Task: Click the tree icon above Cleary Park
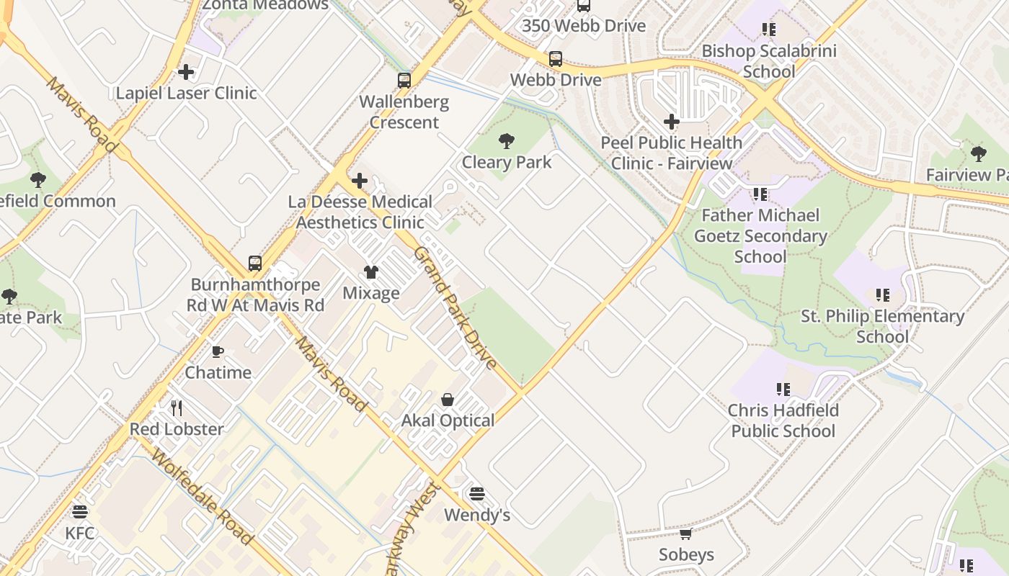507,140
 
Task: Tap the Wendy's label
476,515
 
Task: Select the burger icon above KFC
80,512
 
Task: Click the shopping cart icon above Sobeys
686,534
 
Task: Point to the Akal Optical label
448,420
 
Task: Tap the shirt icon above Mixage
371,271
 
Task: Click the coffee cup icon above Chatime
218,351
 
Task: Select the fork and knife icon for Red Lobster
177,408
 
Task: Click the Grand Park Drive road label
455,307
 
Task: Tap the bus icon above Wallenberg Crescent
404,81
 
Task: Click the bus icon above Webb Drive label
555,59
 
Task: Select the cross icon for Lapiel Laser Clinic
186,72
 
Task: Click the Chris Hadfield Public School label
783,420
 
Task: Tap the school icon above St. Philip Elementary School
882,295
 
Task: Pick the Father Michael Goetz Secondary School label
760,235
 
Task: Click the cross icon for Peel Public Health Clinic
672,122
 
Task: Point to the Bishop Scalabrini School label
768,61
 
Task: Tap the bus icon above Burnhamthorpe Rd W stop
255,264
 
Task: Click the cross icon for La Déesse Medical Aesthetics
359,181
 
